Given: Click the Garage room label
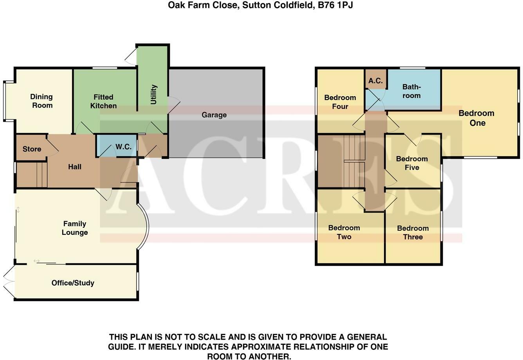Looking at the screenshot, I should coord(214,115).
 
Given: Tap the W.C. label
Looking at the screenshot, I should coord(123,147).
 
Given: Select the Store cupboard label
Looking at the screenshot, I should coord(32,149).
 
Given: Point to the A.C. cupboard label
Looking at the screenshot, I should coord(375,81).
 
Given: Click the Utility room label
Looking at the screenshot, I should coord(153,94).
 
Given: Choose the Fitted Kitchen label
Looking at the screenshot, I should coord(103,101).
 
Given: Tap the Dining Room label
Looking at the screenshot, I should coord(42,101).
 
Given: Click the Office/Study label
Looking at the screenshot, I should coord(73,283).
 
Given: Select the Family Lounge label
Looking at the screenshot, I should coord(75,228).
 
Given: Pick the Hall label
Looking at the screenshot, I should coord(75,167).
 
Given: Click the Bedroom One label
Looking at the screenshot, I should coord(476,118).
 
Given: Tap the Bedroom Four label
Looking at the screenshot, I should coord(340,102).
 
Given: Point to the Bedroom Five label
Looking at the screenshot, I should coord(412,163).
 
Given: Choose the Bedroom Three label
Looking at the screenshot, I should coord(413,232).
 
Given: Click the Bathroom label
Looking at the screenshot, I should coord(411,91).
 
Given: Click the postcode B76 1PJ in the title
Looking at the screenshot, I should coord(335,5).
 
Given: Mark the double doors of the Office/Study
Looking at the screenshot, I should coord(9,281).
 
